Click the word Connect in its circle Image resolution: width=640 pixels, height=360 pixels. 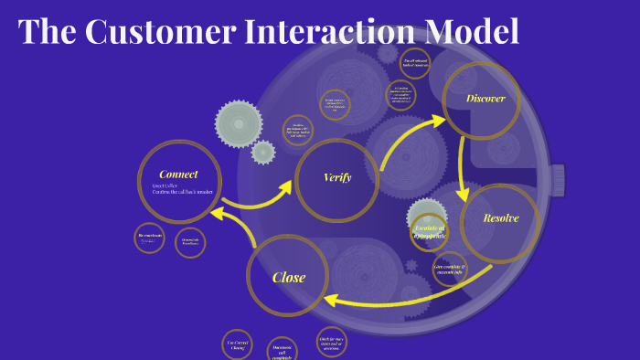pyautogui.click(x=178, y=175)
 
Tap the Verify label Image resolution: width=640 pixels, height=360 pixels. pyautogui.click(x=337, y=177)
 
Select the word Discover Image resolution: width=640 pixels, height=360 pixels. pyautogui.click(x=485, y=99)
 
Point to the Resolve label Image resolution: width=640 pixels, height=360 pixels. pyautogui.click(x=501, y=218)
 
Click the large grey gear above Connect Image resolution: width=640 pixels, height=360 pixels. pyautogui.click(x=238, y=123)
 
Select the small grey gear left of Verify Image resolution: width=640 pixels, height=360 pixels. pyautogui.click(x=263, y=152)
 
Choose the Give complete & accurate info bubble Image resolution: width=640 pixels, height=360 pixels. pyautogui.click(x=450, y=270)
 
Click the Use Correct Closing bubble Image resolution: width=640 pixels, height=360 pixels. pyautogui.click(x=237, y=344)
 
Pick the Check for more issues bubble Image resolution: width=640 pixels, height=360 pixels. pyautogui.click(x=331, y=341)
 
